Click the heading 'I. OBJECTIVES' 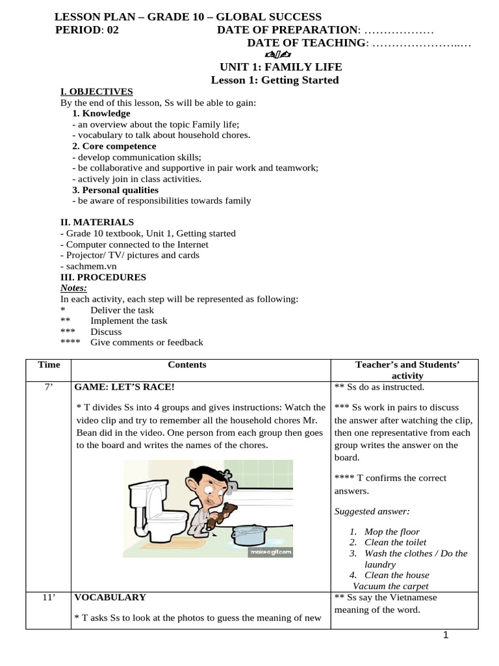point(96,92)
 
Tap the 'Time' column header point(49,365)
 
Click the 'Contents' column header point(186,365)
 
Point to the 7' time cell point(49,387)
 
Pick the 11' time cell point(49,597)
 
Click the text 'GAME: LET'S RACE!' point(124,387)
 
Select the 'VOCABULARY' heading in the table point(110,597)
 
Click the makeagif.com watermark point(270,552)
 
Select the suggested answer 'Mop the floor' point(392,531)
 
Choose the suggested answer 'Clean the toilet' point(395,542)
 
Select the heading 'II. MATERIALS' point(97,222)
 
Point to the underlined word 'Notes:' point(73,288)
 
